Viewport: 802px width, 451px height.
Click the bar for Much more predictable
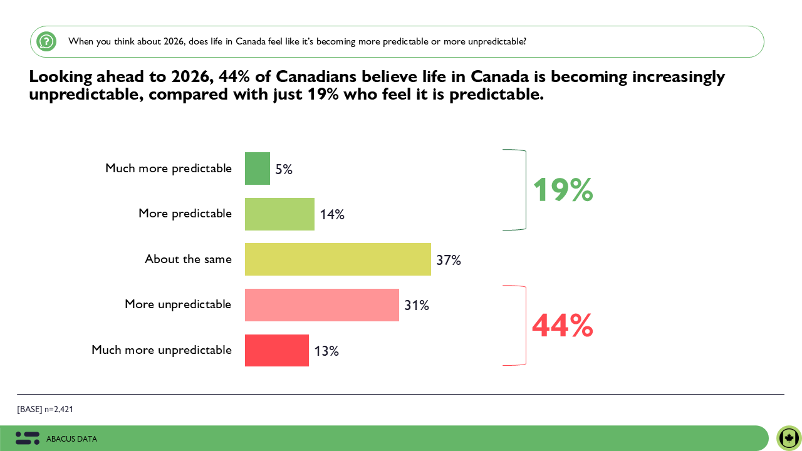pos(258,168)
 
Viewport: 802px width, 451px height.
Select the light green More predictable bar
pos(279,214)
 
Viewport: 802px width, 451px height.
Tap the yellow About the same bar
pos(338,259)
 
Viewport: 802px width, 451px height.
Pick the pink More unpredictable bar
pos(322,305)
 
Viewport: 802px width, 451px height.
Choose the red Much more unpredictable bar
pos(277,350)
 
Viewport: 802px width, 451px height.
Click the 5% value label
pos(284,169)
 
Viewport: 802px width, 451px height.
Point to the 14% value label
pos(332,215)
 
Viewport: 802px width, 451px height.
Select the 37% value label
pos(449,260)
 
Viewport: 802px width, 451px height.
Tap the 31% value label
pos(417,306)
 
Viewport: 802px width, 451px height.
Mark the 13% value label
pos(326,351)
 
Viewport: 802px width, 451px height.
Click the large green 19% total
pos(562,190)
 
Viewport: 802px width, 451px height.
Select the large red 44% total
pos(562,326)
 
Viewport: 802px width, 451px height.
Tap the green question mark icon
pos(46,41)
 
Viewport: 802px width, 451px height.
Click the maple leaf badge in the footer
pos(789,438)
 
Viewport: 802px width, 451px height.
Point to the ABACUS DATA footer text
pos(71,439)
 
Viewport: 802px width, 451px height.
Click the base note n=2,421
pos(45,409)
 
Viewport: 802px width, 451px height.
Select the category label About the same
pos(188,259)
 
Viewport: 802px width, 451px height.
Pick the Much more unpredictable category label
pos(162,350)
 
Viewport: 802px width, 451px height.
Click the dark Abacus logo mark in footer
pos(28,438)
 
